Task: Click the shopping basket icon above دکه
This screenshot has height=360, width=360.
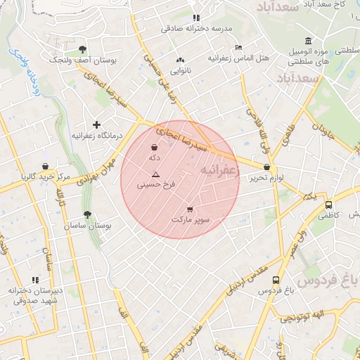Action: coord(154,148)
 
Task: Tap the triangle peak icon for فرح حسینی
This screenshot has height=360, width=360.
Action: coord(155,174)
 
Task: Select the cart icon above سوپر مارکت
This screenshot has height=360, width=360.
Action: coord(190,209)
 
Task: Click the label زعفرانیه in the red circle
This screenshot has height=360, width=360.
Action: coord(219,170)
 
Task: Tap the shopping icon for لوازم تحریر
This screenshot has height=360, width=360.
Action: coord(266,167)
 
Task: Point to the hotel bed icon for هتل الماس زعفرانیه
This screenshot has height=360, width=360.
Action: coord(239,47)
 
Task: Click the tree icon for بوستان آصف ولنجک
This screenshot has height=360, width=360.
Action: coord(83,49)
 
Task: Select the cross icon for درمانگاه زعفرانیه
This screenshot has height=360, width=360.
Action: coord(97,124)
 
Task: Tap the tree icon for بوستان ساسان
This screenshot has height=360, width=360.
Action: coord(87,214)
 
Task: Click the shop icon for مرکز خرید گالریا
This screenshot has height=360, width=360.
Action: coord(46,167)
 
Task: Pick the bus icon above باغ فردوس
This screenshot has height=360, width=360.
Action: coord(275,280)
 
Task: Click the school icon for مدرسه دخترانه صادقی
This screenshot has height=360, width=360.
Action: coord(196,18)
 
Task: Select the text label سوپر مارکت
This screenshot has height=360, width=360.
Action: coord(191,220)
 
